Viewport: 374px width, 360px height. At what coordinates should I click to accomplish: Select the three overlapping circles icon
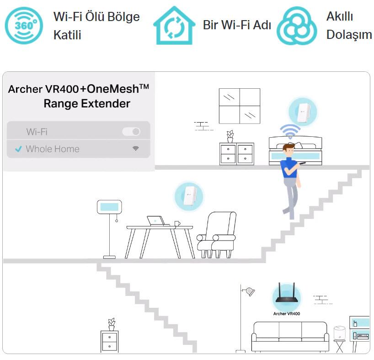tap(296, 26)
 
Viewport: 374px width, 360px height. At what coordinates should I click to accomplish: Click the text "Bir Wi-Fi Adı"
tap(237, 25)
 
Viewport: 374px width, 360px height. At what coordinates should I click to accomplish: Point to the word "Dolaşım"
tap(349, 35)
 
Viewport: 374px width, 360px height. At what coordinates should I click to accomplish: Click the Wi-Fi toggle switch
tap(131, 132)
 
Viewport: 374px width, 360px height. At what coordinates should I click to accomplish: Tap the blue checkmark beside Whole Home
tap(18, 149)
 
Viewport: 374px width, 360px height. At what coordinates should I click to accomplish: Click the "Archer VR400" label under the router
tap(287, 314)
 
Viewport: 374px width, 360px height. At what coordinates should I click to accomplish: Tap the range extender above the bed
tap(302, 112)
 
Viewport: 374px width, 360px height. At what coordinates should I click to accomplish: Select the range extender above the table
tap(189, 197)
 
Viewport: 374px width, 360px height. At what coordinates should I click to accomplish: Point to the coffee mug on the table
tap(176, 223)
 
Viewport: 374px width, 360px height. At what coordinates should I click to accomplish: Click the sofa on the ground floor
tap(290, 336)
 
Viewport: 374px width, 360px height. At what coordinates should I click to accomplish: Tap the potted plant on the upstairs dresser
tap(230, 136)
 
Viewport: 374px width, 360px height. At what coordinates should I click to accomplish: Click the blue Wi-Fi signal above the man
tap(289, 131)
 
